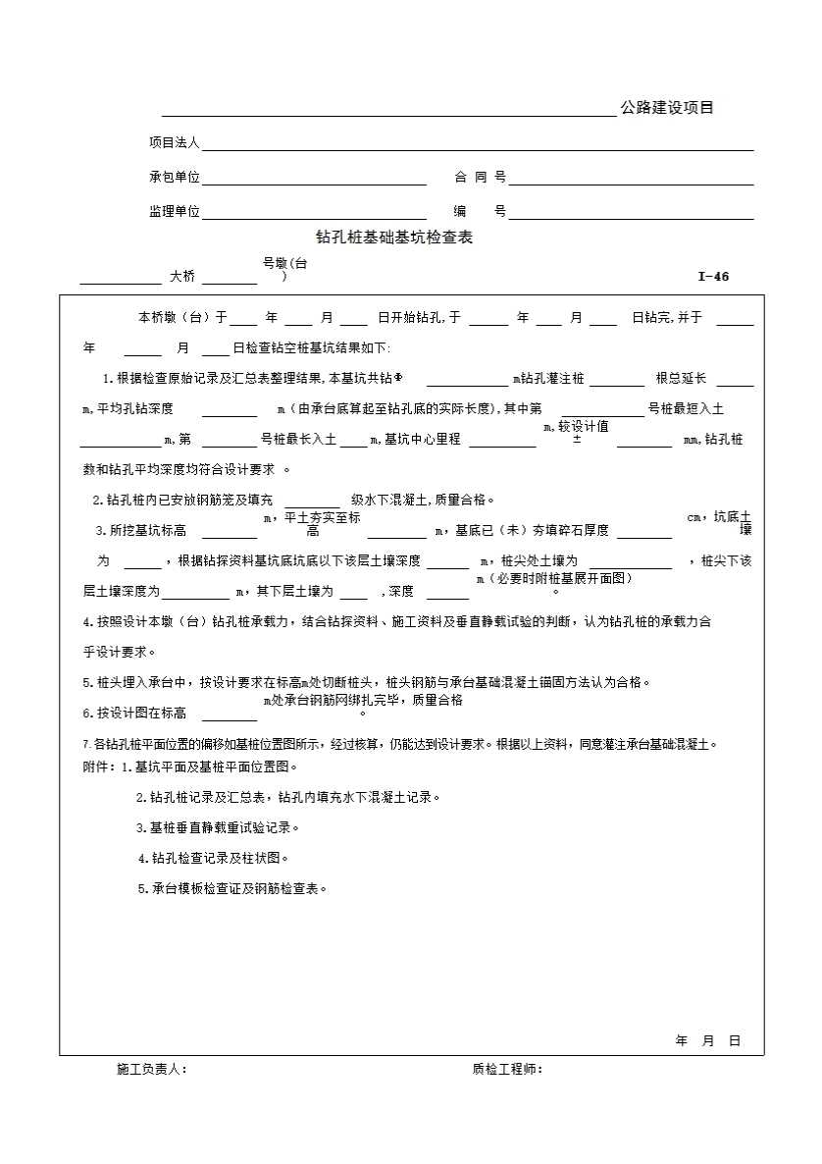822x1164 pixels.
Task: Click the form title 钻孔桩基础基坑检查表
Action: (393, 238)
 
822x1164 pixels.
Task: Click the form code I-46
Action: (713, 277)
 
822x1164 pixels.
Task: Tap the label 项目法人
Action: (174, 142)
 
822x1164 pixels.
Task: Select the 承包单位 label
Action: (174, 178)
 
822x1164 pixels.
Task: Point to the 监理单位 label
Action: (174, 212)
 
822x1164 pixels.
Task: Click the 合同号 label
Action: (480, 178)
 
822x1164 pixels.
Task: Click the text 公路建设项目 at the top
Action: (667, 108)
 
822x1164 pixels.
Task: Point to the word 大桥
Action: (182, 277)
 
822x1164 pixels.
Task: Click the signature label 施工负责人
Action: (152, 1070)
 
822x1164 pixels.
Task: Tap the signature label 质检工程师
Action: (507, 1070)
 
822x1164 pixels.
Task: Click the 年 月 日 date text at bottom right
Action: (707, 1041)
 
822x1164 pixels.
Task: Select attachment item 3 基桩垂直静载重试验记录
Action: (218, 827)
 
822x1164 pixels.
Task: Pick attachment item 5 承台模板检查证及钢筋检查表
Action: (231, 888)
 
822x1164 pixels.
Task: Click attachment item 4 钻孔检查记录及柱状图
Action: (214, 858)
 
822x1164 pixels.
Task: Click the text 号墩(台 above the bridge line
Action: (284, 263)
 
